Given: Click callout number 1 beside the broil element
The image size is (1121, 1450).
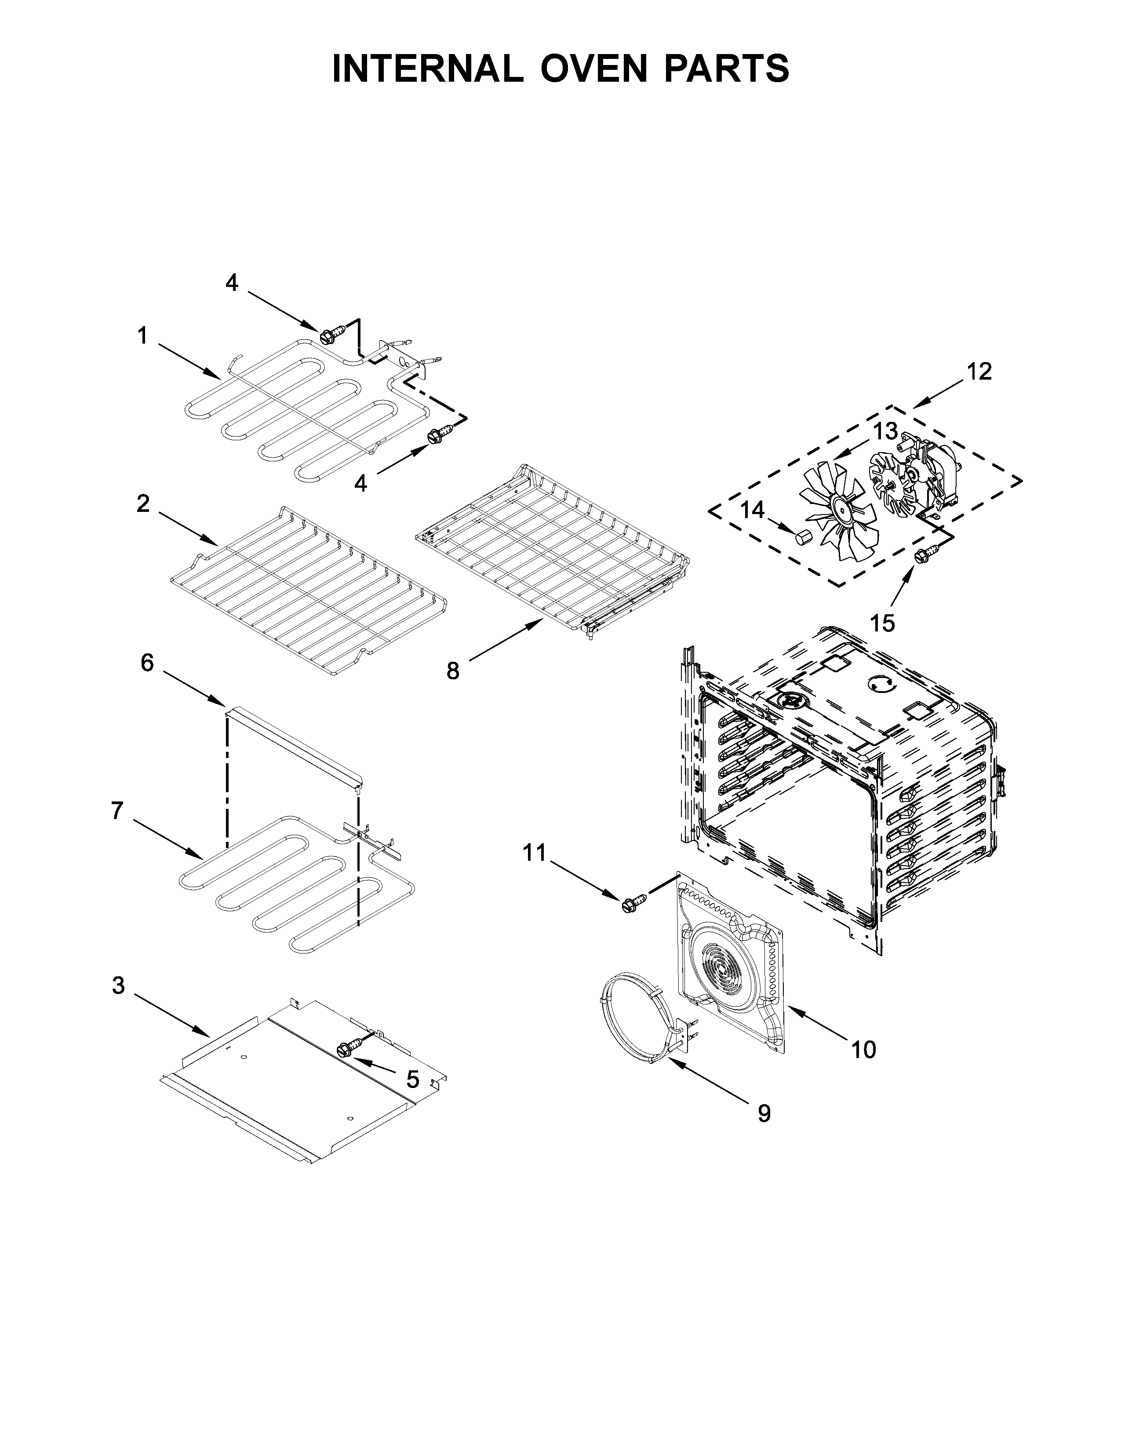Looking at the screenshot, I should [x=142, y=336].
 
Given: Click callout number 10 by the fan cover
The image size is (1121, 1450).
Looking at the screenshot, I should [x=863, y=1050].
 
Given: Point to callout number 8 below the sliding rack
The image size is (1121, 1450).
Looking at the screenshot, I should [x=452, y=671].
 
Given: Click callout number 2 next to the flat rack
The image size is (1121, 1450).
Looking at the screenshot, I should [x=143, y=504].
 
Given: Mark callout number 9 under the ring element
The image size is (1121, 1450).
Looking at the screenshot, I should [x=764, y=1114].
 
